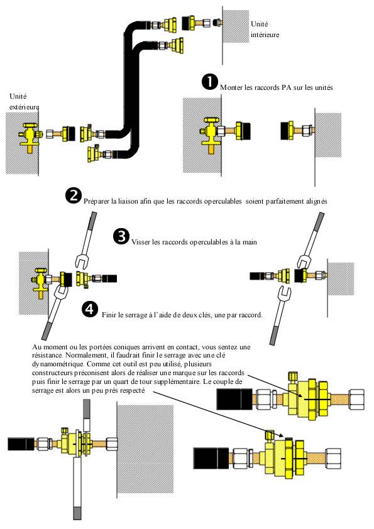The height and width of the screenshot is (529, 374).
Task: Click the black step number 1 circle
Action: click(x=209, y=82)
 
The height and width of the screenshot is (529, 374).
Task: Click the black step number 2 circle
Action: click(x=74, y=197)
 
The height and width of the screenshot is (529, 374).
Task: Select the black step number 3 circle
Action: click(x=121, y=236)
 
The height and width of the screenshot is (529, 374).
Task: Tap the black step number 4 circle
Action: click(x=90, y=309)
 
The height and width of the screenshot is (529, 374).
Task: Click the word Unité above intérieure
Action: click(x=259, y=24)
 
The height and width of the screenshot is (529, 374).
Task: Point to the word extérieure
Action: click(x=25, y=107)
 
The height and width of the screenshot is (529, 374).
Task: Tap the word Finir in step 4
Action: click(x=109, y=315)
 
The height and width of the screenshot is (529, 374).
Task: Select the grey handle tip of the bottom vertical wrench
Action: click(x=77, y=513)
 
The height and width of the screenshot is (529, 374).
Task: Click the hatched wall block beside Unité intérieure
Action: click(x=236, y=26)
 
